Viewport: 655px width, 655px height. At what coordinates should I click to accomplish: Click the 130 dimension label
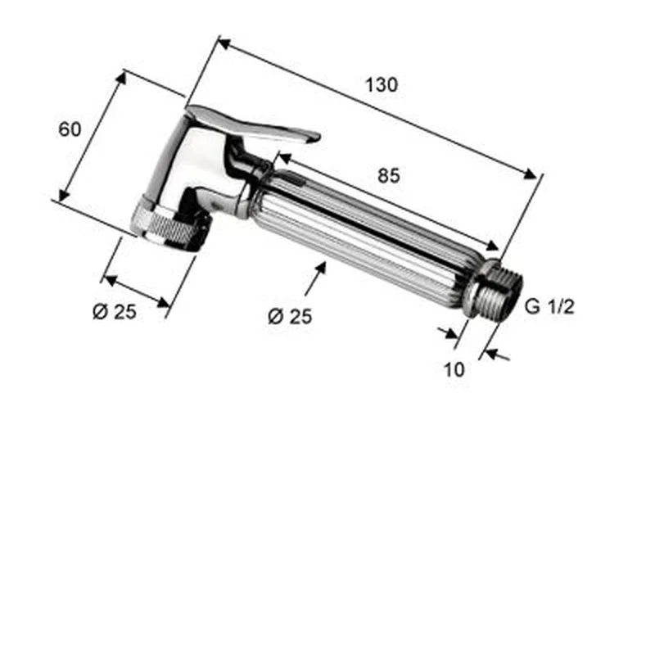click(382, 85)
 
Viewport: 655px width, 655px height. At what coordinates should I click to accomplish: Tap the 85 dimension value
click(388, 175)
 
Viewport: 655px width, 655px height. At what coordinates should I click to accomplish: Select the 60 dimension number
click(70, 129)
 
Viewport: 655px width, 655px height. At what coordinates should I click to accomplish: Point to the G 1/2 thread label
click(549, 306)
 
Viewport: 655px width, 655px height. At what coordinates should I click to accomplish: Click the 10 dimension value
click(454, 370)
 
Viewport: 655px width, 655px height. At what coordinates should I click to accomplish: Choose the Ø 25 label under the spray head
click(115, 312)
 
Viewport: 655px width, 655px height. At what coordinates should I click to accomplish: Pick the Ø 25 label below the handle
click(290, 316)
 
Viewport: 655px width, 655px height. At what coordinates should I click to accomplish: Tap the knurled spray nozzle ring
click(171, 227)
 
